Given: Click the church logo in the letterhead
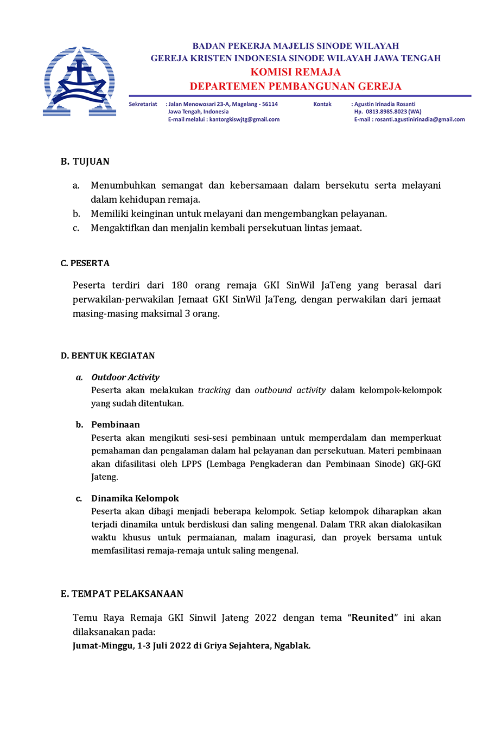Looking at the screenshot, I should [80, 81].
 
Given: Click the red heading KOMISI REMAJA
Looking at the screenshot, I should [295, 72].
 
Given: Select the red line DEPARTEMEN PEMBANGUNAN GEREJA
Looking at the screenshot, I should [295, 86].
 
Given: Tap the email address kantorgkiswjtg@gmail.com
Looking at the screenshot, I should [244, 119].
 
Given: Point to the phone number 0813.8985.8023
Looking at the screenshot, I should [386, 112].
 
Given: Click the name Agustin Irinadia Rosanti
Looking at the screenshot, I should [385, 104].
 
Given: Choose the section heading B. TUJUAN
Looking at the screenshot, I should [85, 162].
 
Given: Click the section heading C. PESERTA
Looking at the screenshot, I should [85, 264].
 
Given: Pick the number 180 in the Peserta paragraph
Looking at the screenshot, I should [180, 285].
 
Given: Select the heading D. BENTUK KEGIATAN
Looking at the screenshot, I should [108, 356].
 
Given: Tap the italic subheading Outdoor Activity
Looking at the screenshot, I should [125, 377].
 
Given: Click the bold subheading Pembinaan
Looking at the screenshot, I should [116, 425].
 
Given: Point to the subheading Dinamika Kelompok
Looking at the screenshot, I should [135, 498].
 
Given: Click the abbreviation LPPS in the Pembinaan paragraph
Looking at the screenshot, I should [192, 464].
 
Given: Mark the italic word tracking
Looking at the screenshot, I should [214, 390].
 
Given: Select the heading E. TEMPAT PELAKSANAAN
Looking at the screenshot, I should [122, 594].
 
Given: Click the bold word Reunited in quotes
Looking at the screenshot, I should [373, 618].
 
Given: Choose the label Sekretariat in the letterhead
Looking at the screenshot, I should [143, 104].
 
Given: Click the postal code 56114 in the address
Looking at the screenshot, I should [270, 104].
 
